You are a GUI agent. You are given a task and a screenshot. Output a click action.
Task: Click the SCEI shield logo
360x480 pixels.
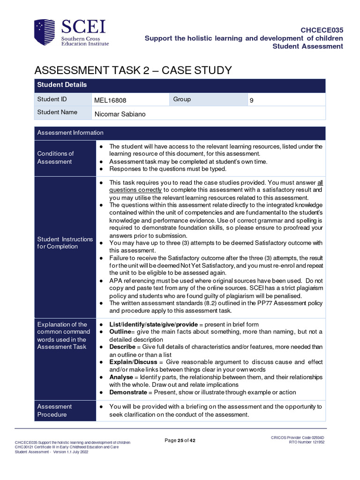click(x=45, y=32)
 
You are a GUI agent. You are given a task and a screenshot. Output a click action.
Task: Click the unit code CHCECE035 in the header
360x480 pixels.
click(x=322, y=30)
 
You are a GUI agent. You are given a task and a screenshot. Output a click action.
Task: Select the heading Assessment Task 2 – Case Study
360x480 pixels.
click(x=133, y=70)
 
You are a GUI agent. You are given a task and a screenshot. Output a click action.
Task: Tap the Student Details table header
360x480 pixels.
click(x=62, y=85)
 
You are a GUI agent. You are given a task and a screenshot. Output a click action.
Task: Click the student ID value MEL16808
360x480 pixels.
click(x=110, y=100)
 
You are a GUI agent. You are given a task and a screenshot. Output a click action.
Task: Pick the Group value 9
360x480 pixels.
click(x=251, y=100)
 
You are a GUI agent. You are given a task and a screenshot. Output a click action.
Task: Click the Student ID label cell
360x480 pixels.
click(x=49, y=99)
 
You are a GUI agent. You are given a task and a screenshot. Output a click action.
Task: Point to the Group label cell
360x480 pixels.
click(x=182, y=99)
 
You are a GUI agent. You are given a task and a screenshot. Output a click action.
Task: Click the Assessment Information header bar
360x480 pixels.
click(x=70, y=133)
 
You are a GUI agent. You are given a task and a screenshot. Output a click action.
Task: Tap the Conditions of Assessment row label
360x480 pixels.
click(x=55, y=157)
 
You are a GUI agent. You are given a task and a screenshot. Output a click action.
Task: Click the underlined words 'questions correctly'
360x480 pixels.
click(x=135, y=190)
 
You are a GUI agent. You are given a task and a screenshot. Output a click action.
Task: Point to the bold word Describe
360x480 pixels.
click(x=122, y=347)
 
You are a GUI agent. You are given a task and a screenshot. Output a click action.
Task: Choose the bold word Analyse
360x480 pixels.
click(x=121, y=377)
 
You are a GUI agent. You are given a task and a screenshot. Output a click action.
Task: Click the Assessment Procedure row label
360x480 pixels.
click(x=54, y=411)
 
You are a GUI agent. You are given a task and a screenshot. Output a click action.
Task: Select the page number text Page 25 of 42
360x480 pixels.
click(x=180, y=440)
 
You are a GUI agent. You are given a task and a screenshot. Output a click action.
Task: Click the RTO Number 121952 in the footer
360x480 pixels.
click(x=307, y=442)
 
